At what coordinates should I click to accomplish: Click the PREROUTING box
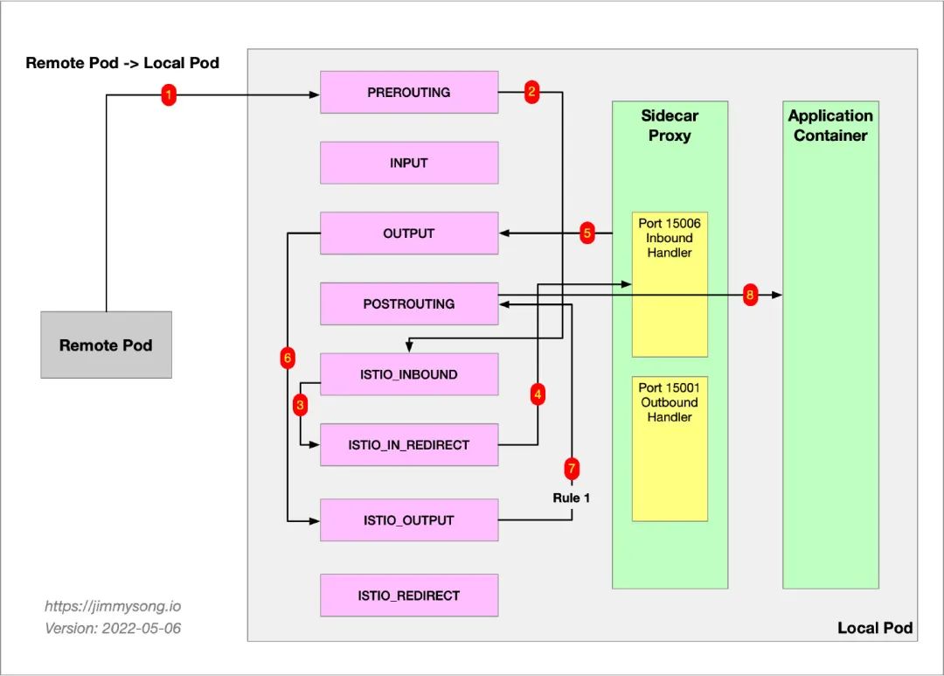(409, 92)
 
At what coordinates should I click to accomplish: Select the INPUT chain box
(409, 163)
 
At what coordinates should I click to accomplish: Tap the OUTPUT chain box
(409, 233)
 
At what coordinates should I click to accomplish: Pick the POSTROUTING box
(409, 304)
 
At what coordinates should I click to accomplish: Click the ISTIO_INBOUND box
(409, 374)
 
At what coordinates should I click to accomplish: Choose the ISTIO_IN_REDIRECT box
(409, 445)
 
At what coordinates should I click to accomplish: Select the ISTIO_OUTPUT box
(409, 520)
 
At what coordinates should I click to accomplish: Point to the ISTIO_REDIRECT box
(409, 596)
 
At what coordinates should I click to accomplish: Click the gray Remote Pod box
(106, 345)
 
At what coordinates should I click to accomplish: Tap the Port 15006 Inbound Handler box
(670, 284)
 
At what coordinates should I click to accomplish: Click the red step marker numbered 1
(170, 95)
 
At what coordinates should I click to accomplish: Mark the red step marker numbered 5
(587, 233)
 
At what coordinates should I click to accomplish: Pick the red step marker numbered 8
(750, 296)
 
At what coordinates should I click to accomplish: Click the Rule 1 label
(572, 498)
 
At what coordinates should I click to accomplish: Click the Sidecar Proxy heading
(670, 125)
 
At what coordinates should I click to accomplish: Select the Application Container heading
(830, 125)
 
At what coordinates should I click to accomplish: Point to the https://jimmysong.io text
(113, 606)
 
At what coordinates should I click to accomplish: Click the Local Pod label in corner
(874, 628)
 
